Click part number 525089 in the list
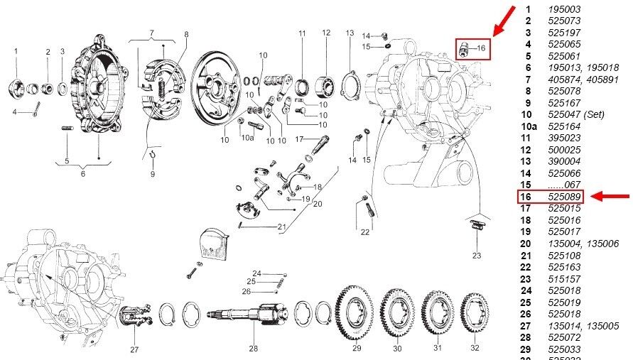[x=564, y=197]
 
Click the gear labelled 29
[x=357, y=312]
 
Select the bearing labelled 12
[x=326, y=84]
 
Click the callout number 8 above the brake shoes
[x=186, y=34]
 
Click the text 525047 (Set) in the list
[x=573, y=114]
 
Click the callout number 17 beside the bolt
[x=300, y=138]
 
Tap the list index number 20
[x=526, y=243]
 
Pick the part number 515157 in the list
[x=564, y=278]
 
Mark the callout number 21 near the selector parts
[x=281, y=227]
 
